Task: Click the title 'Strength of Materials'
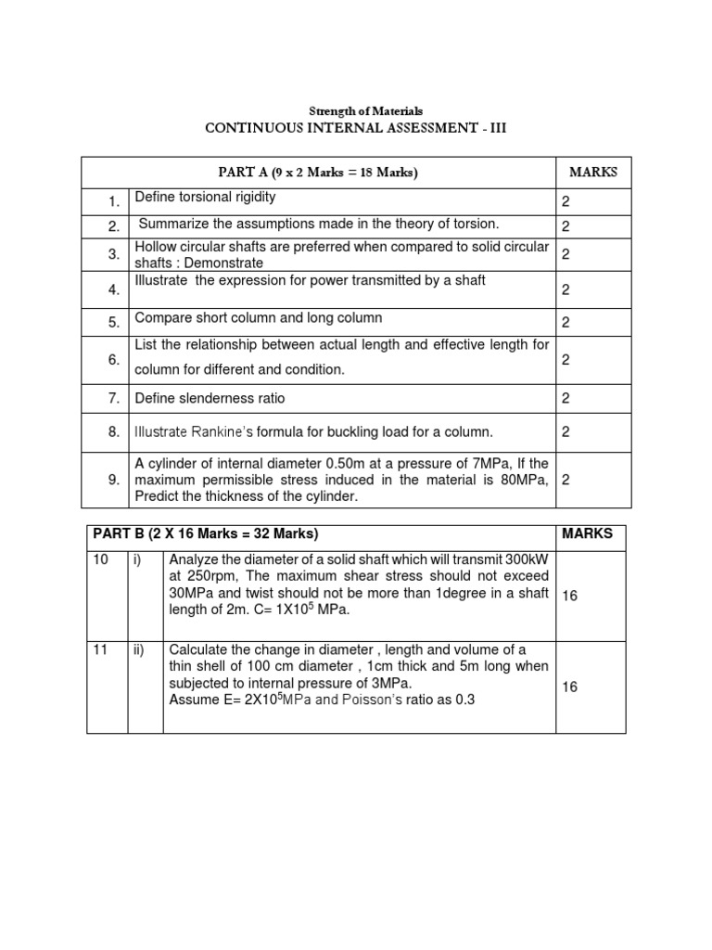(x=356, y=111)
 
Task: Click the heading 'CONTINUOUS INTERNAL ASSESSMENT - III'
(x=356, y=128)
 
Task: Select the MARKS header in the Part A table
(x=592, y=172)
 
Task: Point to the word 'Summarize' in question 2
(x=172, y=224)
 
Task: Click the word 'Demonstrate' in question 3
(x=223, y=263)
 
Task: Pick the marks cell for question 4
(x=565, y=290)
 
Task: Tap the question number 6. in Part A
(x=112, y=360)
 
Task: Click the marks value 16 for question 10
(x=569, y=596)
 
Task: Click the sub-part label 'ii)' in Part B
(x=139, y=649)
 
